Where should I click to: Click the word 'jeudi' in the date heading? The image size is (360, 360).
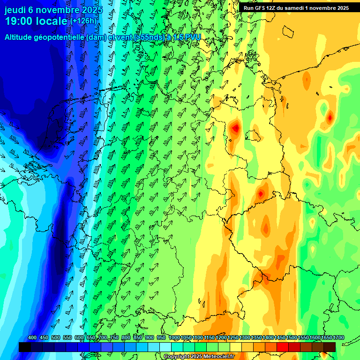tap(15, 10)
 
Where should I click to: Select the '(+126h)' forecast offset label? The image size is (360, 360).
tap(83, 21)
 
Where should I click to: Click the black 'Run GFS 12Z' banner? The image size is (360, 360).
tap(296, 7)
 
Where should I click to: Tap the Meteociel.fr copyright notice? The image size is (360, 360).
tap(199, 356)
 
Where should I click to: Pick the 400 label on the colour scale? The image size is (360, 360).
tap(32, 337)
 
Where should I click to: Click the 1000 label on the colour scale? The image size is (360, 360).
tap(174, 337)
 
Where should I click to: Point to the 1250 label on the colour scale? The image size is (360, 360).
tap(233, 337)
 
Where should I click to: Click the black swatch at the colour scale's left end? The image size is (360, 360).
tap(25, 347)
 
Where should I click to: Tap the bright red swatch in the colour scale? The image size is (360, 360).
tap(283, 347)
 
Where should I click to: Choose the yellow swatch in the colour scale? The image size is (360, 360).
tap(236, 347)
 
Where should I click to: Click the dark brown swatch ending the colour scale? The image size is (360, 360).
tap(330, 347)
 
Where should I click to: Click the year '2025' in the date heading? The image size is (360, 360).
tap(88, 10)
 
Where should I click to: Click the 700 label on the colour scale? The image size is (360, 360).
tap(103, 337)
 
